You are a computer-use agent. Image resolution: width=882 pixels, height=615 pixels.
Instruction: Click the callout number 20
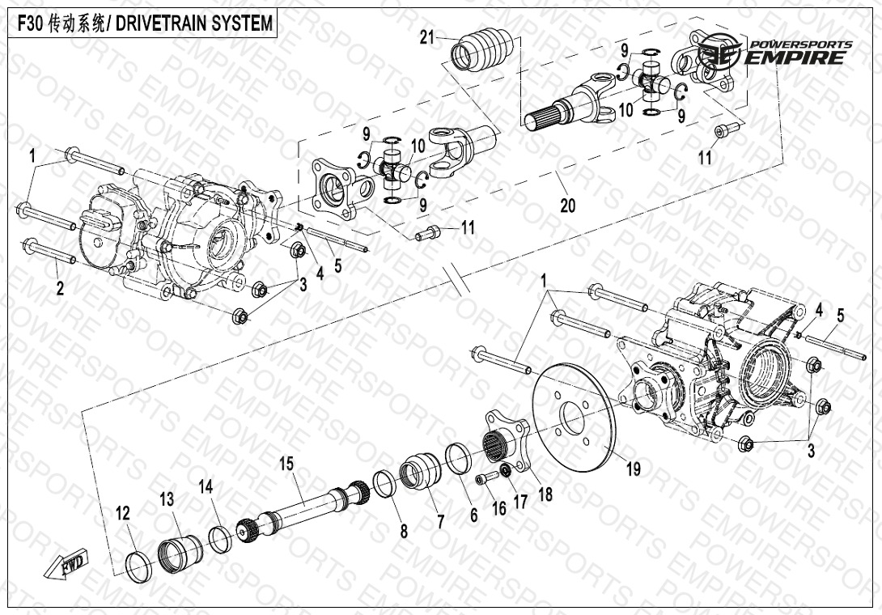coord(567,206)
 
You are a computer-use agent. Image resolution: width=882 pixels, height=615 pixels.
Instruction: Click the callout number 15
coord(286,464)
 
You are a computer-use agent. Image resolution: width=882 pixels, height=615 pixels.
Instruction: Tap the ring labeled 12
coord(140,564)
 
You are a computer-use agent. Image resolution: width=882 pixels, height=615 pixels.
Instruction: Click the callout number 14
coord(206,486)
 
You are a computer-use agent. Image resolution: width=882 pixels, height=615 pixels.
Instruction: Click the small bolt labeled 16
coord(484,479)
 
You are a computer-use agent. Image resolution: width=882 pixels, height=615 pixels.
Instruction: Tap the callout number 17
coord(519,502)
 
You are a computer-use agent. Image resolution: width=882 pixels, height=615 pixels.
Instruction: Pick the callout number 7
coord(440,522)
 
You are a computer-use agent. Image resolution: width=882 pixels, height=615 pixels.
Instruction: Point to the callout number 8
coord(403,530)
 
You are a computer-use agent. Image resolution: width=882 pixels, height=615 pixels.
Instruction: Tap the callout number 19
coord(634,468)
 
